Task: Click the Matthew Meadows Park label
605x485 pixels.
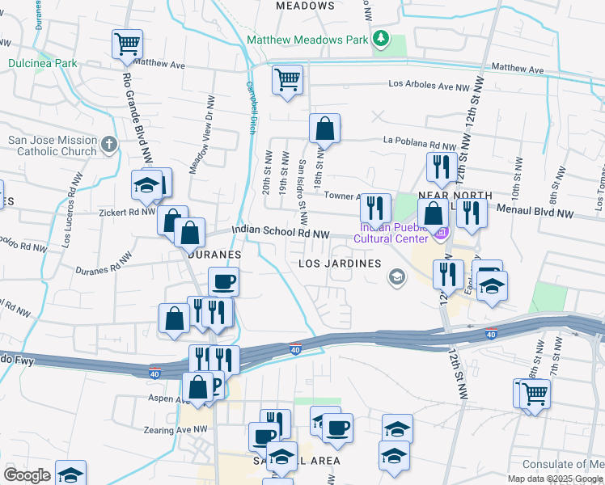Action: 307,40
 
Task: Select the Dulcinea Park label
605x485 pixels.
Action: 43,63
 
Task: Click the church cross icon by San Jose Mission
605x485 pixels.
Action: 110,146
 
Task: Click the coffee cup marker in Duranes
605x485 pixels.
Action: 223,282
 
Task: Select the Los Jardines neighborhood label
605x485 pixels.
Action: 340,264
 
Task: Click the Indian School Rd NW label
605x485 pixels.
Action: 281,233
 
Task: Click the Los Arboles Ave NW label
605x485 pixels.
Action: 429,85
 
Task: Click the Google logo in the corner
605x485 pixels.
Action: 26,475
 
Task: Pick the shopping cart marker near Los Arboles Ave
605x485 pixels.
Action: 287,80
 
